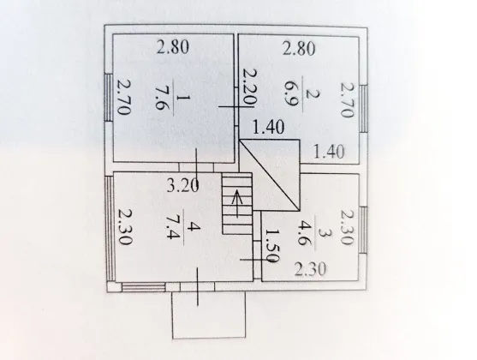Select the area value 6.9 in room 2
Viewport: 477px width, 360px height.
click(x=290, y=94)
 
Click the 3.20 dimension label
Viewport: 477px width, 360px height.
click(x=183, y=185)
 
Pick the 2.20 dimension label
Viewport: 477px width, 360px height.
click(x=250, y=87)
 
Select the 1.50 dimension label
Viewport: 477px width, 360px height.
click(x=271, y=246)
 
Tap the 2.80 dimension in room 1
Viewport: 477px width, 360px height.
click(x=173, y=47)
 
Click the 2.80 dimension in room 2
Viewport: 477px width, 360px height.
click(x=299, y=49)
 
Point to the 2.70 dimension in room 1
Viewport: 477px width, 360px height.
click(x=124, y=98)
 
